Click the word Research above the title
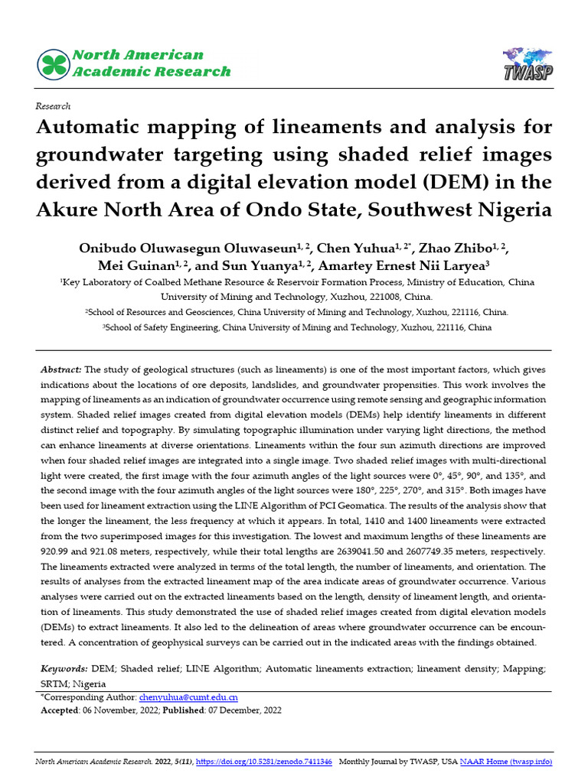tap(53, 106)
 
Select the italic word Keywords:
tap(64, 669)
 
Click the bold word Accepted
tap(60, 710)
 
